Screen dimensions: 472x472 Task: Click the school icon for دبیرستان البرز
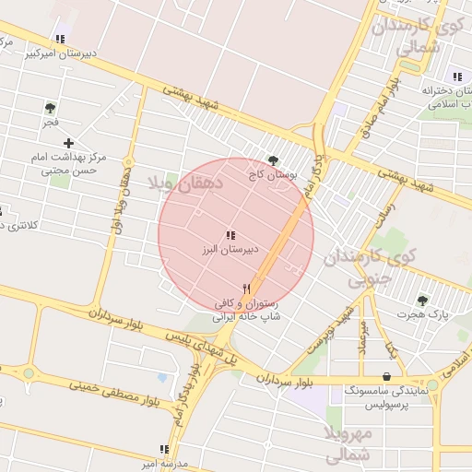230,236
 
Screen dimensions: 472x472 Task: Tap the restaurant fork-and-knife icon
246,289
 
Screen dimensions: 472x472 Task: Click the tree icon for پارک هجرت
422,301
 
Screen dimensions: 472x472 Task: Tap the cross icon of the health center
68,143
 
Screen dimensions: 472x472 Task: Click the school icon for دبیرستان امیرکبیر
60,40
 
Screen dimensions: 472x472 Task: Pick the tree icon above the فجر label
50,108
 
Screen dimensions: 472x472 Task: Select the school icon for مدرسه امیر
164,450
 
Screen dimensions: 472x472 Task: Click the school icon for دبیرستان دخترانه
457,77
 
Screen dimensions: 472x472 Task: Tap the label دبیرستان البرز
230,250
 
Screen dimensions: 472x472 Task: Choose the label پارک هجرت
422,315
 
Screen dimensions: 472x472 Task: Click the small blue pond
162,378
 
